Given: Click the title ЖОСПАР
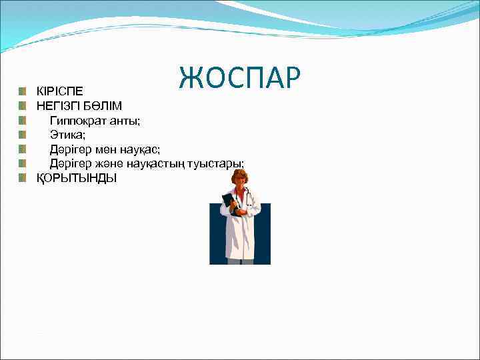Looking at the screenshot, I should (x=240, y=78).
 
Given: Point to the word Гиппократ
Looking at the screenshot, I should (x=79, y=120).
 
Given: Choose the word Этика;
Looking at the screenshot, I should (x=67, y=134).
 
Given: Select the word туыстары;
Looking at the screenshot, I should (x=216, y=163).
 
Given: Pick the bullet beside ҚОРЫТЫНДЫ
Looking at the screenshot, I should (x=23, y=178).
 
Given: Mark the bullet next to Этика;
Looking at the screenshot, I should (x=23, y=134).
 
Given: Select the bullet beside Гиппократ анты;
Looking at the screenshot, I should (x=23, y=120).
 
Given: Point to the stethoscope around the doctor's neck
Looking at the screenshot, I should (x=247, y=197).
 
